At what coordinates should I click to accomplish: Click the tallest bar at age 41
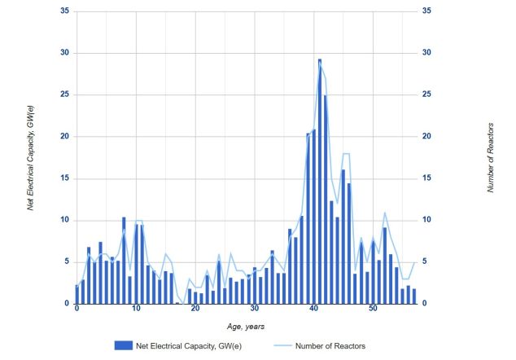(320, 181)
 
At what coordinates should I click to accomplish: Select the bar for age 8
(124, 260)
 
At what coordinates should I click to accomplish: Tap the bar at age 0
(77, 294)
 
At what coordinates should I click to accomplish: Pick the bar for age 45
(343, 236)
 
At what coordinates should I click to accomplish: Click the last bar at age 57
(414, 296)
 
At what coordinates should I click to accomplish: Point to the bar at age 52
(385, 266)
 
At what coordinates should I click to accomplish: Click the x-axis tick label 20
(195, 309)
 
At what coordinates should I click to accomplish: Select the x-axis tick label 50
(373, 309)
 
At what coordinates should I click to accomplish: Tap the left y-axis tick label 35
(65, 11)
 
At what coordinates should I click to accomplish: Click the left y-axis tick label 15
(65, 178)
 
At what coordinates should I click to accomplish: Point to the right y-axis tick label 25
(426, 94)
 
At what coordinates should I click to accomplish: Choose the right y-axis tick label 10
(426, 220)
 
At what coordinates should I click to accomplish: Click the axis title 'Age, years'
(246, 327)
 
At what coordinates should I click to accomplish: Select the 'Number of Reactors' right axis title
(490, 157)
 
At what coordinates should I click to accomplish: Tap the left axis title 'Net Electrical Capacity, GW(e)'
(31, 157)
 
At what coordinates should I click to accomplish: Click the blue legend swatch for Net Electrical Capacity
(124, 345)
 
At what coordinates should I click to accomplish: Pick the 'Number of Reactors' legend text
(330, 346)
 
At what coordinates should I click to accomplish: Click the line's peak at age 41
(320, 62)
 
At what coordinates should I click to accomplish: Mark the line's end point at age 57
(414, 262)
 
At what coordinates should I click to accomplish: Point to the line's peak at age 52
(385, 213)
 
